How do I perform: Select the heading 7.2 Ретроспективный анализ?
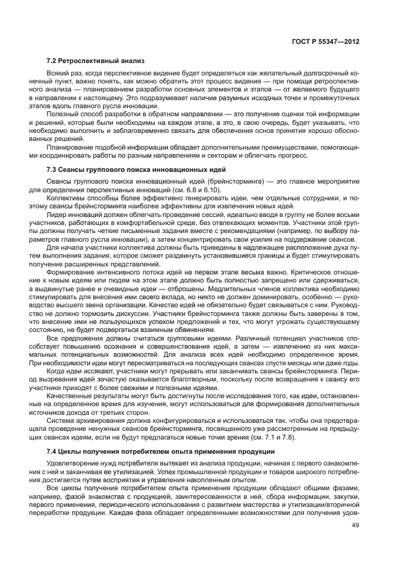[x=95, y=61]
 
